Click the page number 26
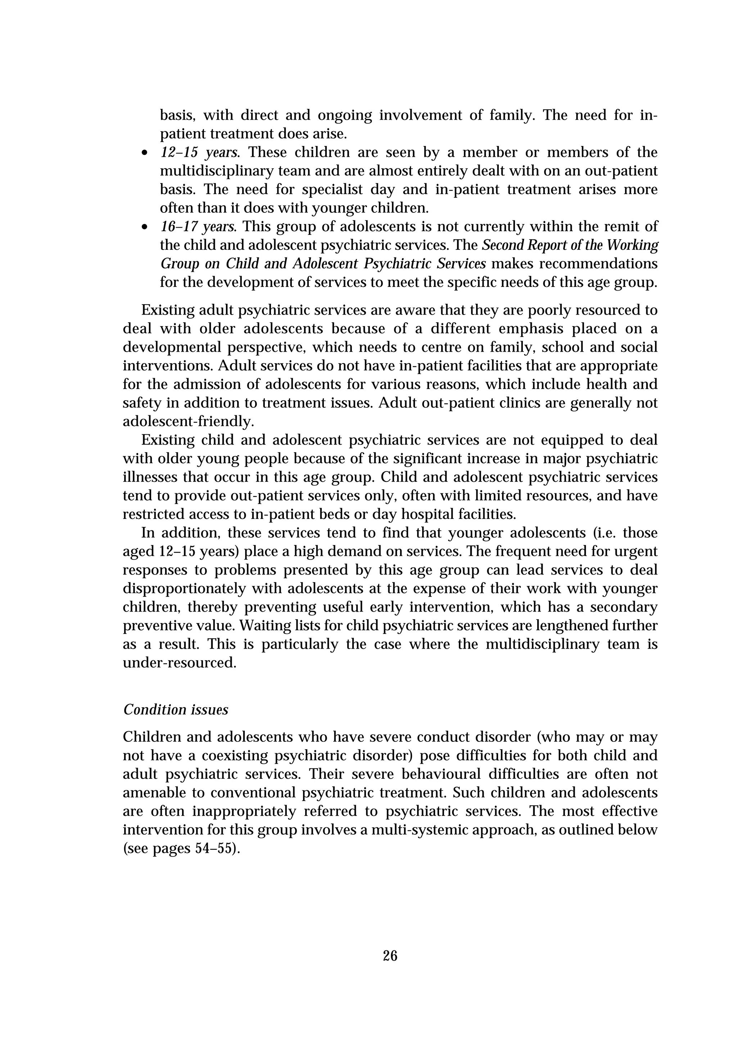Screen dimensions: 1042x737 [x=390, y=956]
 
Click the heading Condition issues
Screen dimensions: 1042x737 [x=176, y=709]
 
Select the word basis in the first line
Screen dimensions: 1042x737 [x=177, y=115]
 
